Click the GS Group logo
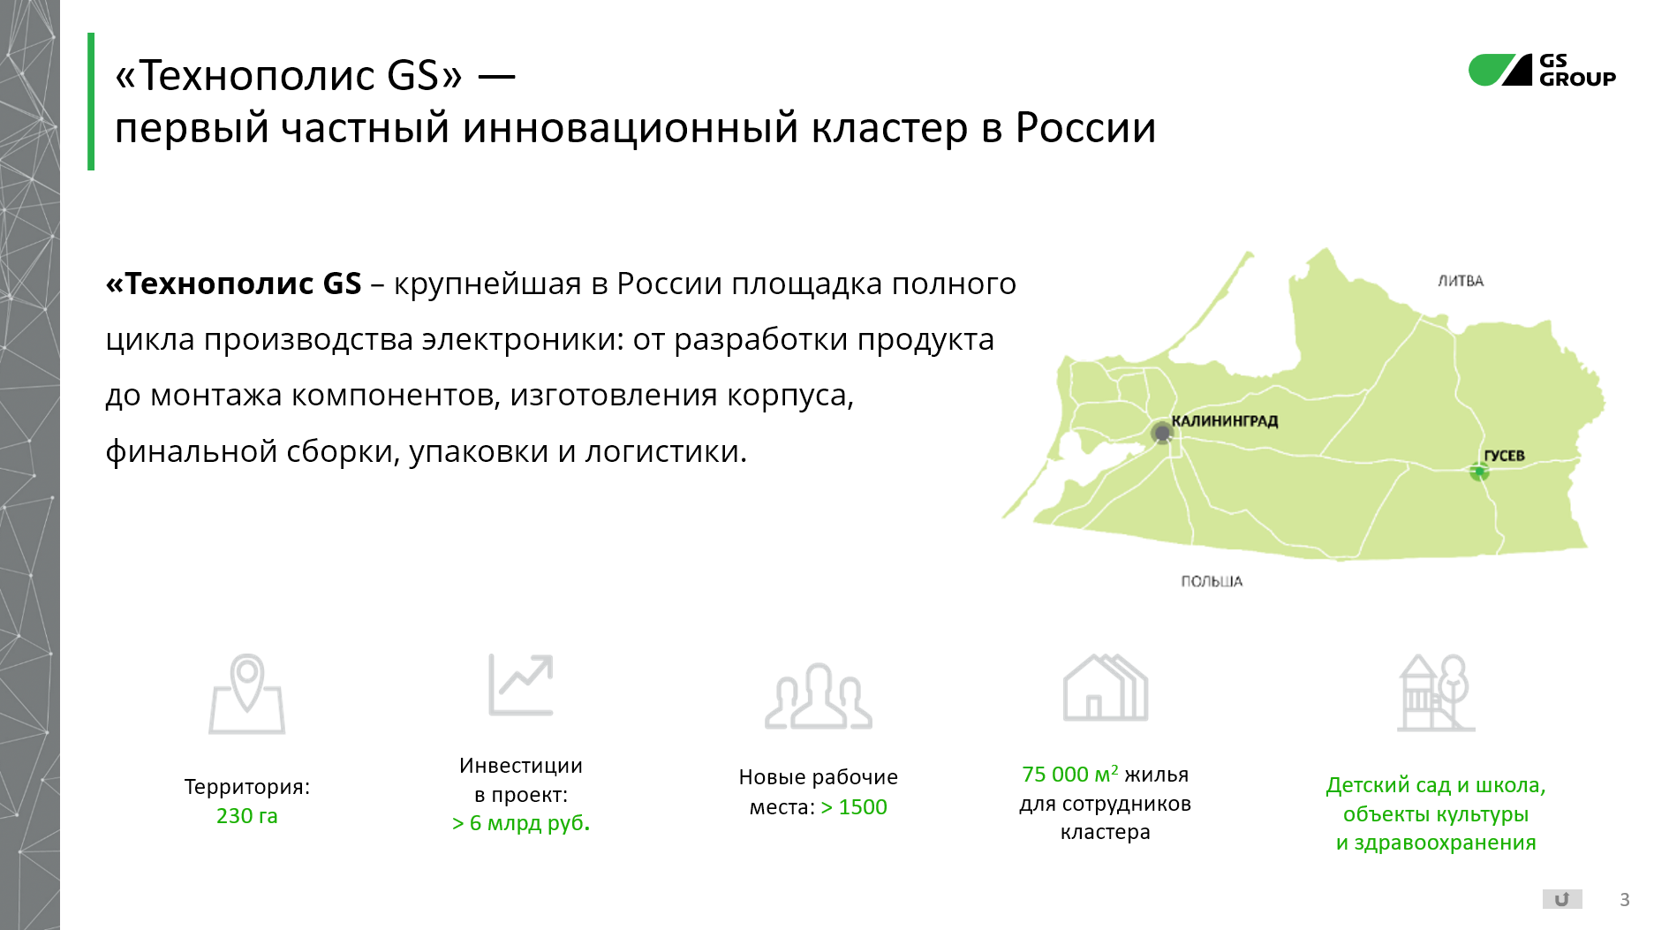coord(1542,70)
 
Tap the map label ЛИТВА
coord(1461,281)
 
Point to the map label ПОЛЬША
coord(1212,581)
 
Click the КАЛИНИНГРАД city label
coord(1225,421)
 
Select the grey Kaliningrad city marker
coord(1162,433)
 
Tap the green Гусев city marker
coord(1479,472)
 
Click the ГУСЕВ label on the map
coord(1504,456)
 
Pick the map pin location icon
coord(247,694)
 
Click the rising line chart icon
coord(521,684)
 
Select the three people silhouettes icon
coord(819,696)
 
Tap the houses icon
coord(1106,687)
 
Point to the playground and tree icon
coord(1436,692)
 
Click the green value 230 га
coord(247,816)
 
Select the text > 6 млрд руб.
coord(521,823)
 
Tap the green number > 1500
coord(854,807)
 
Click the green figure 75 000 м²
coord(1070,774)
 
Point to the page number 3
coord(1625,900)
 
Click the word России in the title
coord(1085,128)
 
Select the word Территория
coord(245,787)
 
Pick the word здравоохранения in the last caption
coord(1446,843)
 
